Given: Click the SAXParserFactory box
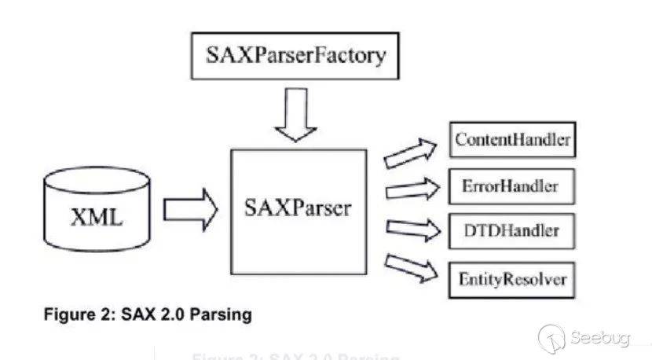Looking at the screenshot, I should click(x=296, y=57).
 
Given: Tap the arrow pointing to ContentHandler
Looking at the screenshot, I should click(x=409, y=152).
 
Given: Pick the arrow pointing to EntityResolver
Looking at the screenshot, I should click(x=409, y=266).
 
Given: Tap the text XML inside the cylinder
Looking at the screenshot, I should click(x=97, y=215).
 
